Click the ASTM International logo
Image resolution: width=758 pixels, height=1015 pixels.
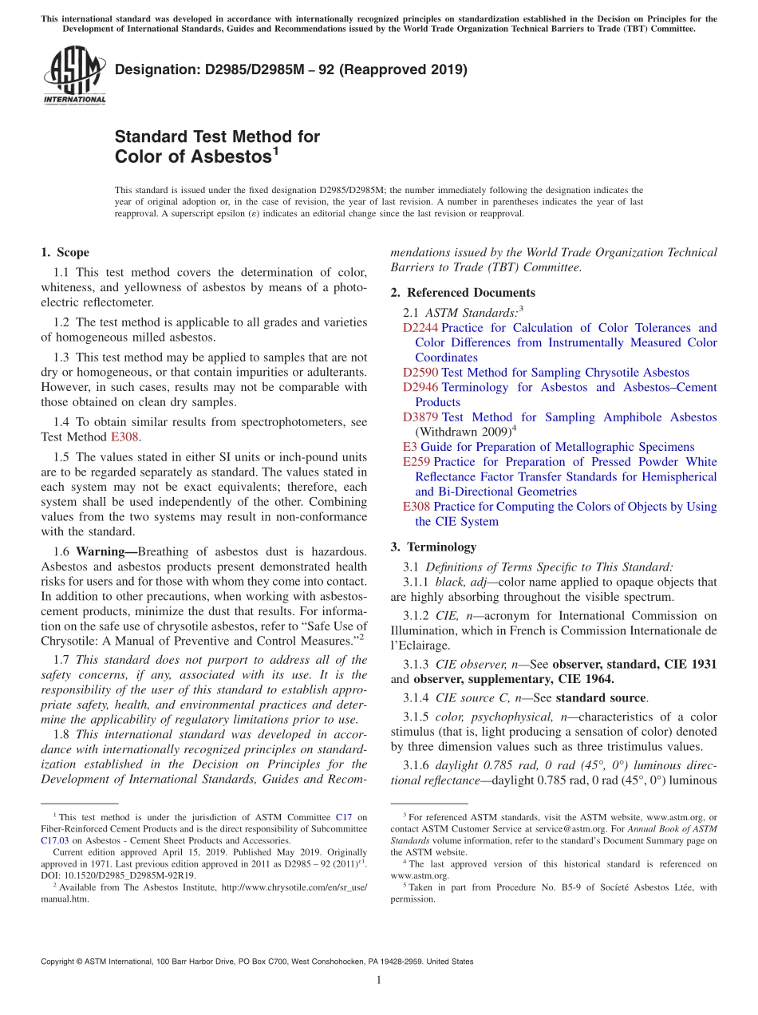point(73,77)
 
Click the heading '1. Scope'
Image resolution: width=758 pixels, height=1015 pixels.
point(65,252)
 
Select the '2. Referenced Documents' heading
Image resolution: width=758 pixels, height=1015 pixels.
point(463,292)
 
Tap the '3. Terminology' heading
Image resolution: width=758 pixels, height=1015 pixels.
point(433,547)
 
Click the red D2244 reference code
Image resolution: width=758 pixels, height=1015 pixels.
point(420,328)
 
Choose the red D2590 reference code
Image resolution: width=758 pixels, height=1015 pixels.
point(420,373)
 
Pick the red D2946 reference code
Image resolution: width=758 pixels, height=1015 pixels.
point(420,387)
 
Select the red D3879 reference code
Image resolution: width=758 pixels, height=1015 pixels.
point(420,417)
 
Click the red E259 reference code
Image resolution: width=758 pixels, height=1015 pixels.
point(417,462)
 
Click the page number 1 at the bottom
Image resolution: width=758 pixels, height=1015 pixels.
point(379,980)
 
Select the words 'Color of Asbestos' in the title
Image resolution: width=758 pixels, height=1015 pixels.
point(193,157)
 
